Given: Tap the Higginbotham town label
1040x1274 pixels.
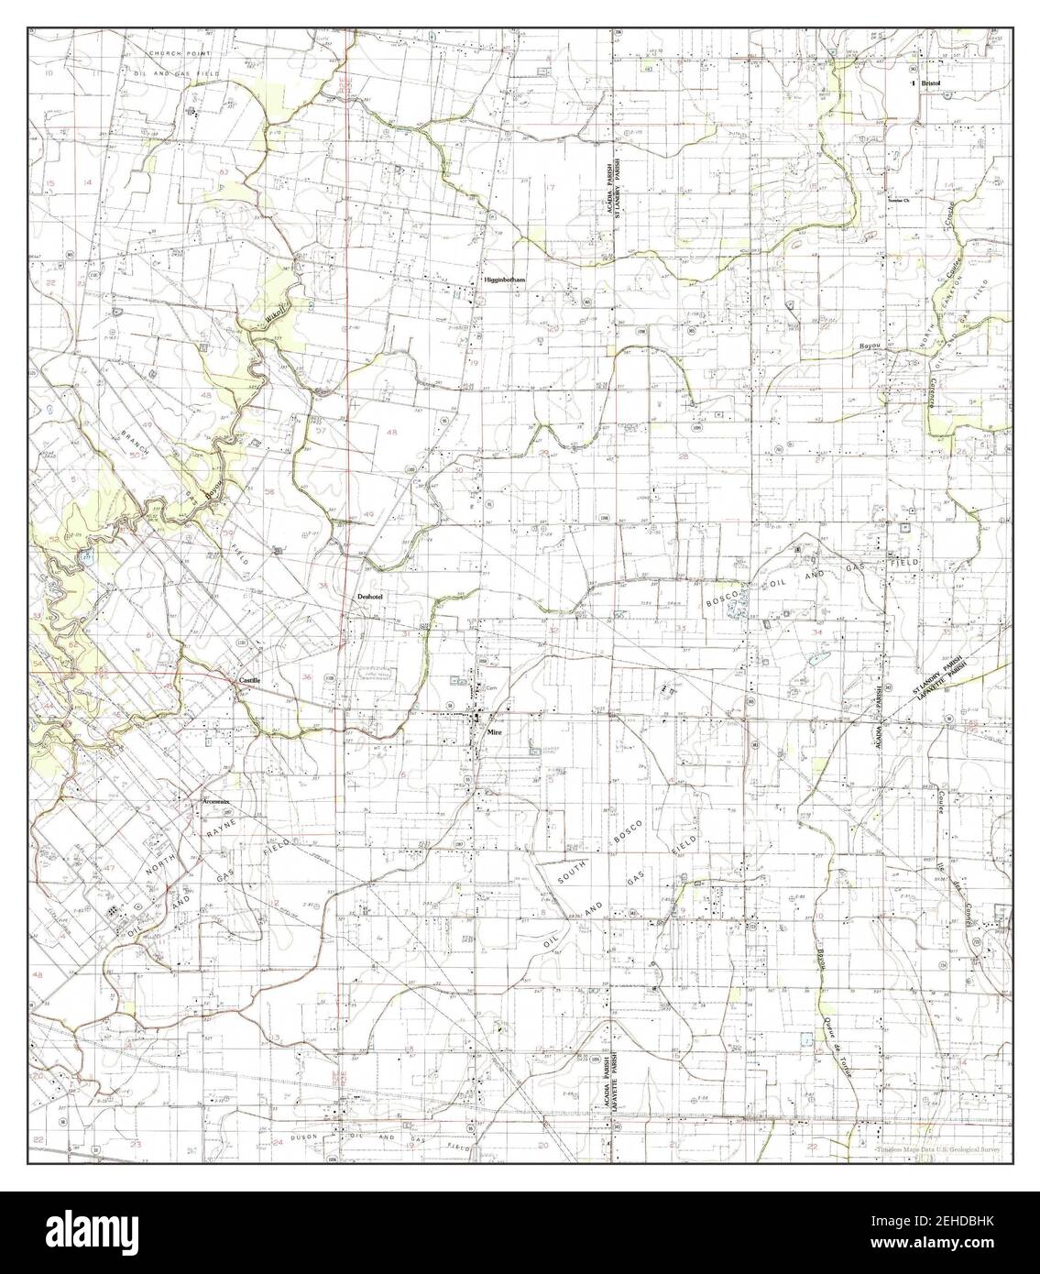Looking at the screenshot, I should [x=503, y=281].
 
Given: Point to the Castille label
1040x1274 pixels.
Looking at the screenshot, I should [x=249, y=680].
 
